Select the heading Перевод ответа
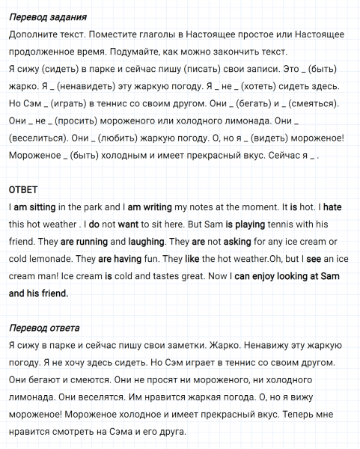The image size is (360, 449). tap(47, 328)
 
